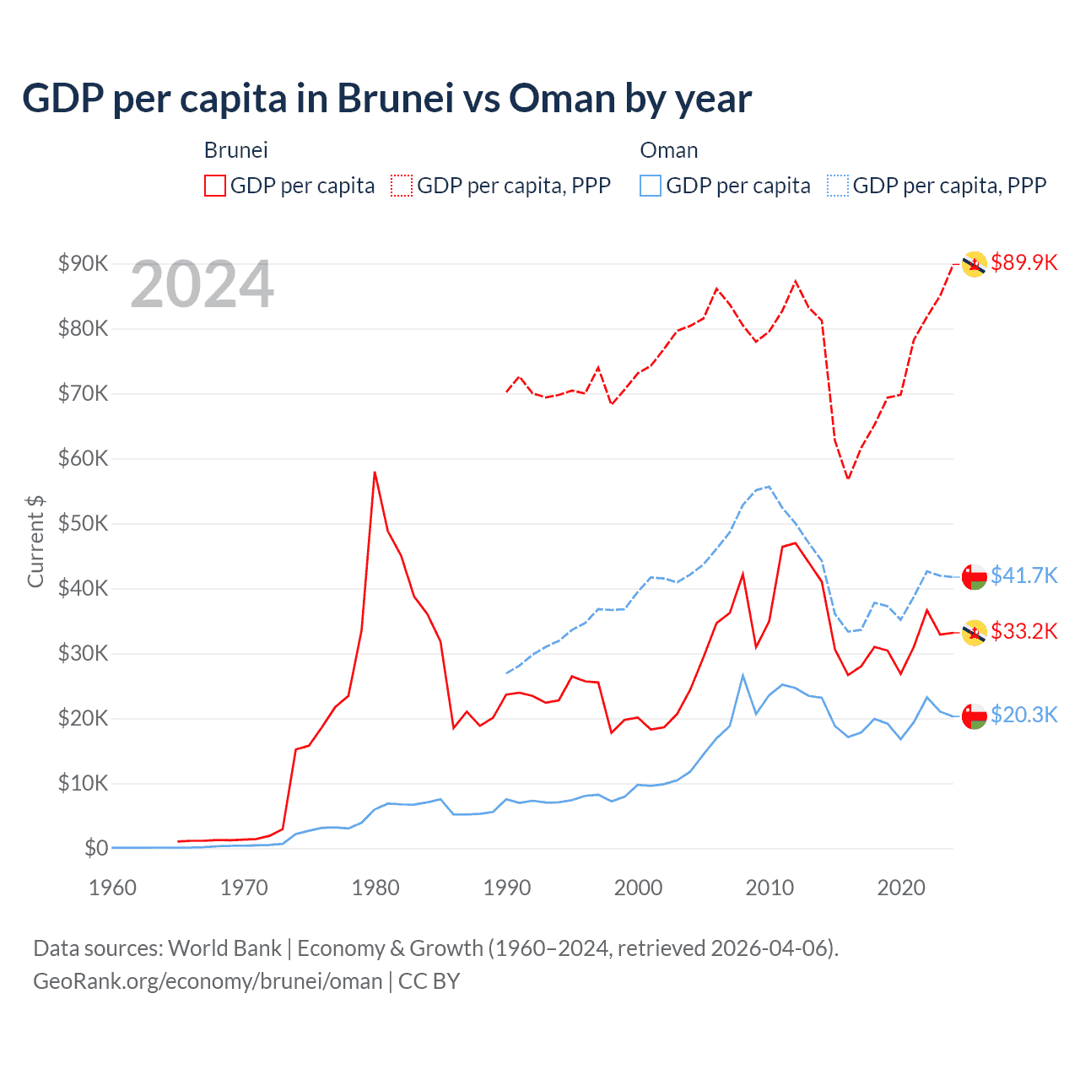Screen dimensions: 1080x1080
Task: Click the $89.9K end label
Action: (1023, 262)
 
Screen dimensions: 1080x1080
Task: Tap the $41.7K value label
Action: (1023, 575)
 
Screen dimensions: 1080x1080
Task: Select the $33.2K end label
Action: (1023, 631)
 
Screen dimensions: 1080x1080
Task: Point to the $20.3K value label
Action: (1023, 715)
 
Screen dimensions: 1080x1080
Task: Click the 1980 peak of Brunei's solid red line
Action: (375, 472)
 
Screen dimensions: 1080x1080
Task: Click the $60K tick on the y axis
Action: (83, 458)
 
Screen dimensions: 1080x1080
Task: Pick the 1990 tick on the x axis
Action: (506, 888)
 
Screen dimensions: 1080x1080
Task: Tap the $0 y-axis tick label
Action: (95, 848)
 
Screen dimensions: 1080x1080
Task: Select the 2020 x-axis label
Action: (901, 888)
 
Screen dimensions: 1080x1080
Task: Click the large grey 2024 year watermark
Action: (202, 284)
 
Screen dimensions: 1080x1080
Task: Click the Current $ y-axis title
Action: (35, 541)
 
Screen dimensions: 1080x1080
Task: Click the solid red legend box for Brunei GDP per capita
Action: (215, 186)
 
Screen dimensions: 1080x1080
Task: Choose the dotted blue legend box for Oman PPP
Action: (838, 186)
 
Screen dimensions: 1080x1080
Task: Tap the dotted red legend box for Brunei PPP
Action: (402, 186)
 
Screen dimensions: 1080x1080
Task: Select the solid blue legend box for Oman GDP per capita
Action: (651, 186)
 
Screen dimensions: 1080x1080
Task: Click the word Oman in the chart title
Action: (562, 99)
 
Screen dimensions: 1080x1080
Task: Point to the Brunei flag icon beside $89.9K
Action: (975, 264)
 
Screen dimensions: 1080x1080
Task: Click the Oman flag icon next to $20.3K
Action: (975, 716)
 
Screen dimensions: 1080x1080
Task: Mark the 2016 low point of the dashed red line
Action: (848, 478)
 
